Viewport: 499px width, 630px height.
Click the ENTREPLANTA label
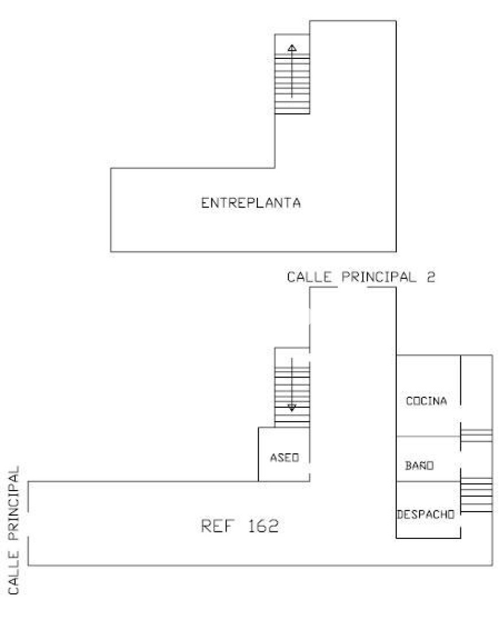click(251, 202)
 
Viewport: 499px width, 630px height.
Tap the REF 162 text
click(240, 526)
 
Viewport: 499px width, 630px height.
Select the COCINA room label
click(426, 401)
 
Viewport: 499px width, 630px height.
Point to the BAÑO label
click(420, 466)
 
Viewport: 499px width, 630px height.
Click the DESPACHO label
click(426, 514)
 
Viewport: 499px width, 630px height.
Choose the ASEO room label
click(284, 458)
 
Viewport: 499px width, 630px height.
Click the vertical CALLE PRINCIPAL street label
click(13, 530)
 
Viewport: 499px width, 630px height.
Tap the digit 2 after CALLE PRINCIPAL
click(431, 277)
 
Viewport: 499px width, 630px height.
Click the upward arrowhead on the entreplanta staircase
click(292, 48)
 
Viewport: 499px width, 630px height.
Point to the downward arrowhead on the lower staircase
click(292, 408)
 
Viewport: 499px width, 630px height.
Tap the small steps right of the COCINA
click(476, 436)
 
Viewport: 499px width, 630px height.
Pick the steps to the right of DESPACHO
click(476, 495)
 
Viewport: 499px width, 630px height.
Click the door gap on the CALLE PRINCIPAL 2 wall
click(353, 288)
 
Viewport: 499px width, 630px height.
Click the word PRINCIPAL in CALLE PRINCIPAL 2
click(379, 277)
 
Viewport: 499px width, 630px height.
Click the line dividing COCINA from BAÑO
click(428, 436)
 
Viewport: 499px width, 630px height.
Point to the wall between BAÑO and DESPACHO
click(428, 481)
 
